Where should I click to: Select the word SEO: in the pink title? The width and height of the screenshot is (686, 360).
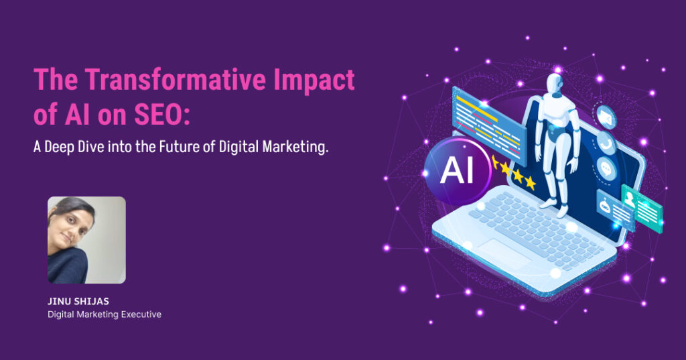click(x=162, y=114)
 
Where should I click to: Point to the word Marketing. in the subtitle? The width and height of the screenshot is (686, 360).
click(x=295, y=147)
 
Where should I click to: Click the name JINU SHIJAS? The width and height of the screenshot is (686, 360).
click(x=78, y=301)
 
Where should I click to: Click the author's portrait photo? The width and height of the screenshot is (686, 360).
click(x=86, y=240)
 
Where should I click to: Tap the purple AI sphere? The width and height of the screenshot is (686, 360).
click(x=457, y=170)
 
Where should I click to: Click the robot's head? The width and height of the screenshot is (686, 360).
click(x=555, y=84)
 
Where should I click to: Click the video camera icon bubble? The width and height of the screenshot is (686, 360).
click(x=606, y=117)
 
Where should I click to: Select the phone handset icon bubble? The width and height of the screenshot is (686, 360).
click(x=606, y=143)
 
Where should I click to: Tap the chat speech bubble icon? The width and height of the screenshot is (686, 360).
click(x=607, y=169)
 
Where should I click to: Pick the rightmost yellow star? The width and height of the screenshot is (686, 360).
click(x=531, y=182)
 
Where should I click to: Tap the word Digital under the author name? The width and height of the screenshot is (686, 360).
click(x=61, y=314)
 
